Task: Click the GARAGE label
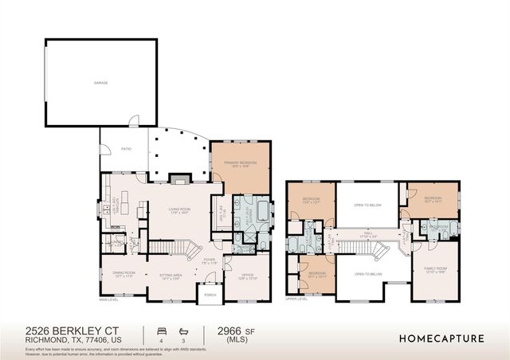click(100, 82)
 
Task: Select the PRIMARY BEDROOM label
click(241, 163)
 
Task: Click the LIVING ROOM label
click(179, 210)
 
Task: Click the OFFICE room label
click(248, 276)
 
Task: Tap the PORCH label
click(210, 295)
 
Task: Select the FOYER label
click(210, 260)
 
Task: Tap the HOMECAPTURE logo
click(441, 338)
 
